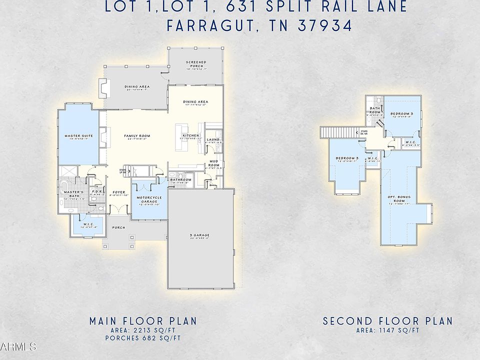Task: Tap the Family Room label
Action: [137, 136]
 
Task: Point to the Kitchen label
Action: [191, 136]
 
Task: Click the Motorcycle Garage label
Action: [149, 199]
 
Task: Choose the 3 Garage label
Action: [200, 235]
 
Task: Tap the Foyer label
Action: [118, 192]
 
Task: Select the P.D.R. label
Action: [97, 191]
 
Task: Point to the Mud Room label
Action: [213, 163]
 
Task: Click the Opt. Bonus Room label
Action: [399, 198]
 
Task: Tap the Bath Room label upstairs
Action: [375, 109]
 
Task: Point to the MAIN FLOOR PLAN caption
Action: [143, 320]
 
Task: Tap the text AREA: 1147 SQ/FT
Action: [387, 330]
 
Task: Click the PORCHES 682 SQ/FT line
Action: [143, 338]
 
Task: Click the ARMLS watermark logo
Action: [18, 346]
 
